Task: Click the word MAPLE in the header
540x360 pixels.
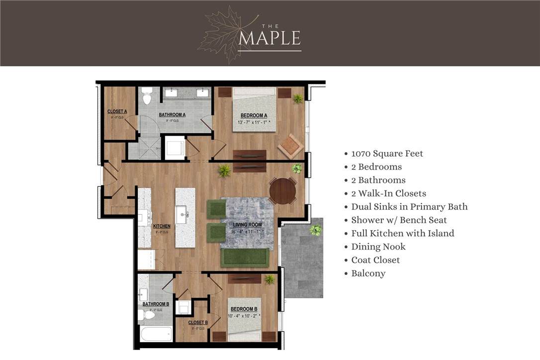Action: pyautogui.click(x=269, y=38)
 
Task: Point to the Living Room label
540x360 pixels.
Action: pyautogui.click(x=247, y=225)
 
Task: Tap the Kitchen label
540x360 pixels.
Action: pyautogui.click(x=162, y=226)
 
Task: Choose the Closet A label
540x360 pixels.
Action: pyautogui.click(x=117, y=111)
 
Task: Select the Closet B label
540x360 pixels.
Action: pyautogui.click(x=198, y=323)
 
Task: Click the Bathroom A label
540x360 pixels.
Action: pyautogui.click(x=172, y=114)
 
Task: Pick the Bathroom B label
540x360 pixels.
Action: pyautogui.click(x=156, y=304)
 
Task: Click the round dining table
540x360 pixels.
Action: pyautogui.click(x=282, y=191)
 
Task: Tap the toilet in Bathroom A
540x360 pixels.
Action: pyautogui.click(x=147, y=96)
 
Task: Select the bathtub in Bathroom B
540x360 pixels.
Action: pyautogui.click(x=156, y=334)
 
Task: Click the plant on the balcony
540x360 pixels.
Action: pyautogui.click(x=315, y=230)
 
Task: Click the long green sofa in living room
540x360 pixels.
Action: pyautogui.click(x=245, y=258)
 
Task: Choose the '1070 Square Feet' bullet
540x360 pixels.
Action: pyautogui.click(x=387, y=154)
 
